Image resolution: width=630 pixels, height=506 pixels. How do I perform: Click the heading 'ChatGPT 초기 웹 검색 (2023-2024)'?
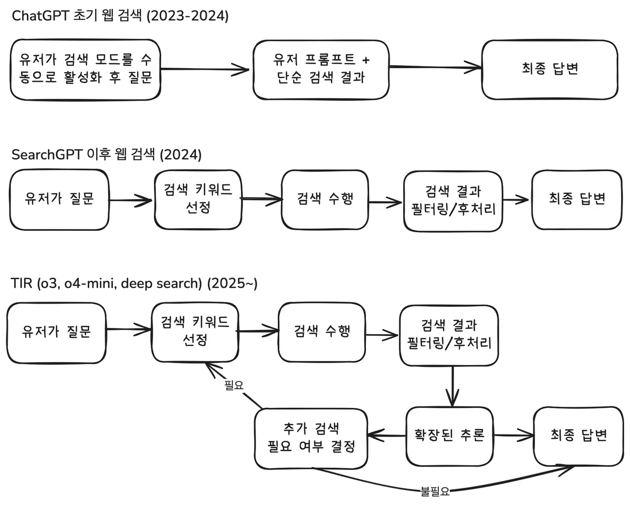pyautogui.click(x=121, y=16)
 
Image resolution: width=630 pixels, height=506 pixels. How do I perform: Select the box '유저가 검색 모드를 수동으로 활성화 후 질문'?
pyautogui.click(x=86, y=69)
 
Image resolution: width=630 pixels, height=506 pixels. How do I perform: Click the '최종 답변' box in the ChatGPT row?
pyautogui.click(x=550, y=69)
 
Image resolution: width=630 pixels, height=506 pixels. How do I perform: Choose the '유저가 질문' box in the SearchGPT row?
pyautogui.click(x=59, y=200)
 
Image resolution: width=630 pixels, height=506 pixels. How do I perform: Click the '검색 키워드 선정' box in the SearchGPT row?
pyautogui.click(x=198, y=199)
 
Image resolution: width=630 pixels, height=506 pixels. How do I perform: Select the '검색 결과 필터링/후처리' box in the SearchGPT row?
pyautogui.click(x=453, y=200)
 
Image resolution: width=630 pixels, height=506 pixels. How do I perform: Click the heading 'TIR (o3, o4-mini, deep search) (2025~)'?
pyautogui.click(x=134, y=284)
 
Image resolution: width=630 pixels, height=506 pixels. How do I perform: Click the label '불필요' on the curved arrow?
pyautogui.click(x=435, y=492)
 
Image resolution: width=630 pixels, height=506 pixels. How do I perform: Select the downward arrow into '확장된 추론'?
pyautogui.click(x=452, y=386)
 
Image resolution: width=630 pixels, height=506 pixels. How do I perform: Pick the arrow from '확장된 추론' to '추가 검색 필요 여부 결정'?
pyautogui.click(x=387, y=435)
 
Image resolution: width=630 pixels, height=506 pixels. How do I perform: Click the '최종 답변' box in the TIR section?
pyautogui.click(x=579, y=435)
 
